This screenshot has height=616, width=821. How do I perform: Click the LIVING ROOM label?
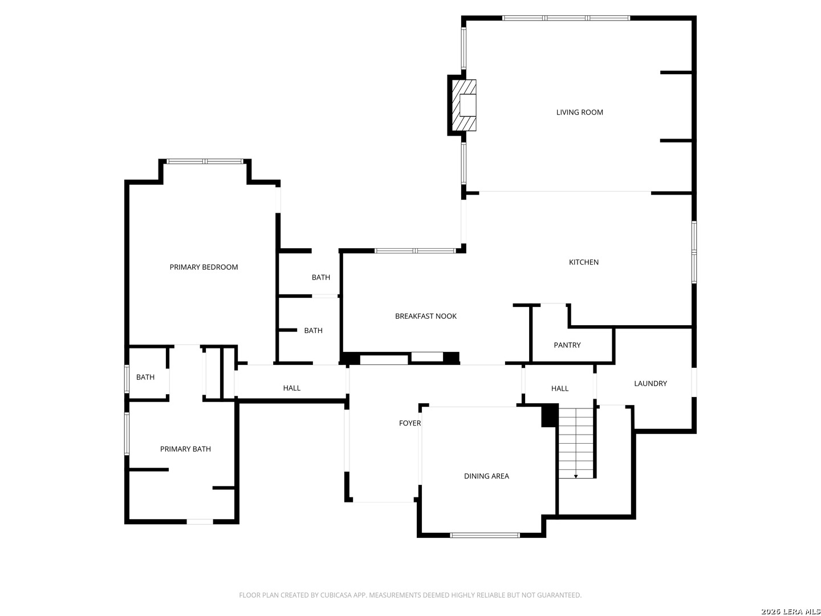579,112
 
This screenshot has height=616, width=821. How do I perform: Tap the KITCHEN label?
583,262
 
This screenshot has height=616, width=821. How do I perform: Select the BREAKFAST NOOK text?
425,317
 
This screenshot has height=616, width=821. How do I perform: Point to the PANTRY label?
567,345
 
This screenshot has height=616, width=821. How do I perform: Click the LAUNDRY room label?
650,383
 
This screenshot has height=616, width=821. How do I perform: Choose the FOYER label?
409,423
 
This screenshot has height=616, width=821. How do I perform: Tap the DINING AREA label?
486,476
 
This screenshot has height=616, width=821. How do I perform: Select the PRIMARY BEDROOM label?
204,267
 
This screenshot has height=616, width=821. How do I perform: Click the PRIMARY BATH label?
185,449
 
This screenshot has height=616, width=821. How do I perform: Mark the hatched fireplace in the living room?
464,106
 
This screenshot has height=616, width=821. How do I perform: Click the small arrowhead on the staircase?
576,476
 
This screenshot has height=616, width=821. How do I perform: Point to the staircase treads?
576,442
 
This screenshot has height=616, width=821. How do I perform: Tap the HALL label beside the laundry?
559,388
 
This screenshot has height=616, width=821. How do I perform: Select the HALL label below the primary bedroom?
291,388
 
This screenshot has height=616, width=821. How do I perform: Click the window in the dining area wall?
485,535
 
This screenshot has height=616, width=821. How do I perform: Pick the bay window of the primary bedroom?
205,161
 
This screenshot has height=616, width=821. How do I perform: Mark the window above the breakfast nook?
415,250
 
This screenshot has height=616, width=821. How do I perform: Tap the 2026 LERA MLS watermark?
789,611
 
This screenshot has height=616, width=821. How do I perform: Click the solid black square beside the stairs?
549,415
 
